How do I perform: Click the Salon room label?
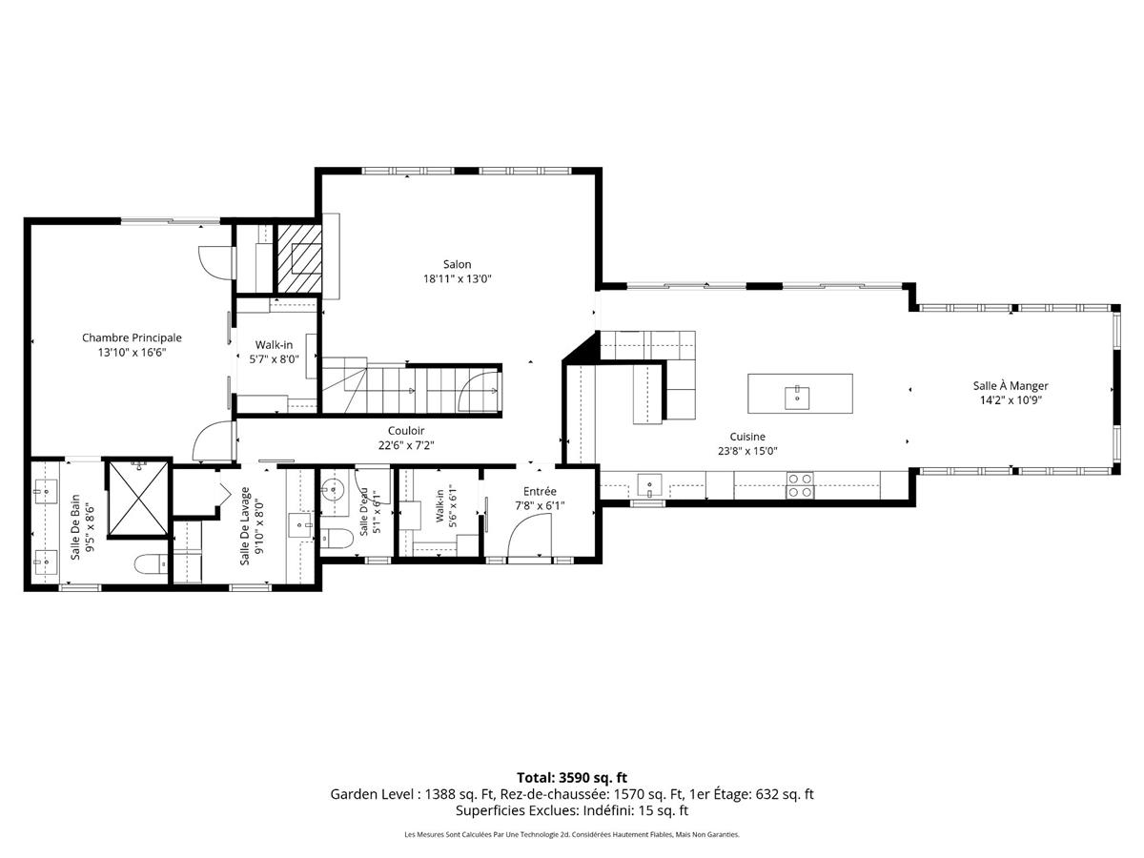click(457, 264)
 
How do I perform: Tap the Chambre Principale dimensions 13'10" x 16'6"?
click(132, 353)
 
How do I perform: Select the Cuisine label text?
click(747, 437)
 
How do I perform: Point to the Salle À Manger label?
click(1010, 385)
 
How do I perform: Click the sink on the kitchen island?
click(797, 398)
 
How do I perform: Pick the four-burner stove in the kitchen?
click(800, 485)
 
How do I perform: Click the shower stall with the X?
click(138, 498)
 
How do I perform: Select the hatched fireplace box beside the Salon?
click(298, 258)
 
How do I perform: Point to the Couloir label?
click(406, 431)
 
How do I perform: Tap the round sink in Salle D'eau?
click(332, 490)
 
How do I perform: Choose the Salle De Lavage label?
click(245, 525)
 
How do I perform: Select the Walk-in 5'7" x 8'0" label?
click(275, 352)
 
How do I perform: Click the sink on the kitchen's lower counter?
click(649, 484)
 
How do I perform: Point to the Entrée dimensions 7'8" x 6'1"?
click(540, 505)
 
